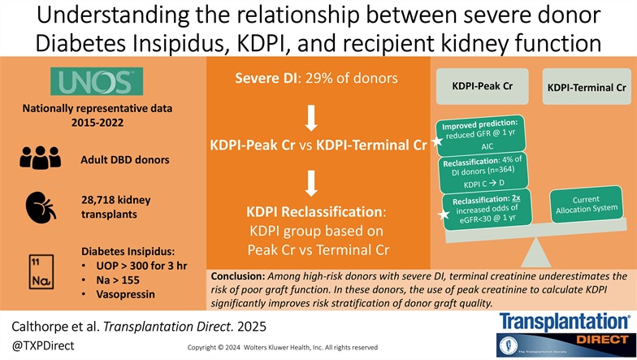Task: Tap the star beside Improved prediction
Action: pos(437,142)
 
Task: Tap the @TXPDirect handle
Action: pos(39,345)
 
